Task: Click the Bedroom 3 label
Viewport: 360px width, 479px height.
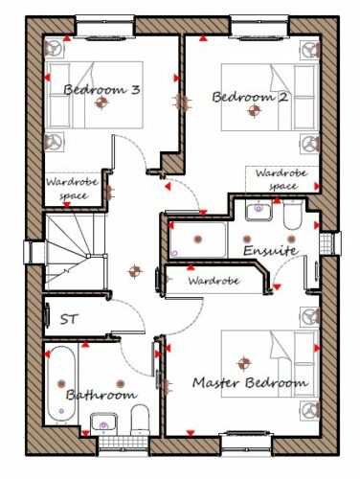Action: pyautogui.click(x=101, y=89)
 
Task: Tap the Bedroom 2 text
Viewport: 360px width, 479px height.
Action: pyautogui.click(x=250, y=97)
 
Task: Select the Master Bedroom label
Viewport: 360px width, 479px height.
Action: pyautogui.click(x=251, y=382)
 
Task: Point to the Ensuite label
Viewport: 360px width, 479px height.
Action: pyautogui.click(x=270, y=250)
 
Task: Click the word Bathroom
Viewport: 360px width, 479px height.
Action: pyautogui.click(x=101, y=395)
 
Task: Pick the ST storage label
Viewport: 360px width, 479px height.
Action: pyautogui.click(x=69, y=319)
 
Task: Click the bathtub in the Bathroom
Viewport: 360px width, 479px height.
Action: pyautogui.click(x=61, y=386)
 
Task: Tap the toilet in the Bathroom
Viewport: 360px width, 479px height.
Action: pyautogui.click(x=140, y=420)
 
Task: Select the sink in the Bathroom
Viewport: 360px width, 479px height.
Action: pyautogui.click(x=103, y=423)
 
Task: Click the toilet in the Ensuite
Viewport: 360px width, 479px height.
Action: pyautogui.click(x=292, y=214)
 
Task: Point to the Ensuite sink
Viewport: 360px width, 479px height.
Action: pyautogui.click(x=259, y=210)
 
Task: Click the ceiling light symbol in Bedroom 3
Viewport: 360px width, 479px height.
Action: pyautogui.click(x=101, y=103)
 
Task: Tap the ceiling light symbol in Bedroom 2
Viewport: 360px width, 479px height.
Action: pyautogui.click(x=254, y=111)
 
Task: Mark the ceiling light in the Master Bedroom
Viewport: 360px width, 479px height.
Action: pyautogui.click(x=244, y=363)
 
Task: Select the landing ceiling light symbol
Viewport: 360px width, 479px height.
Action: pyautogui.click(x=135, y=271)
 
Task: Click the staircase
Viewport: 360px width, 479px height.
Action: pyautogui.click(x=76, y=252)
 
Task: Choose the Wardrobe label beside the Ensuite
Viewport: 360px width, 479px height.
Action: pyautogui.click(x=214, y=281)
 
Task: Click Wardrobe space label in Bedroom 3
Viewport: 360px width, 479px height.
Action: pyautogui.click(x=72, y=189)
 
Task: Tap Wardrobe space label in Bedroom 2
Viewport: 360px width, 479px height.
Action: pyautogui.click(x=281, y=180)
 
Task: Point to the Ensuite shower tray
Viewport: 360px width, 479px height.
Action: pyautogui.click(x=198, y=239)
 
